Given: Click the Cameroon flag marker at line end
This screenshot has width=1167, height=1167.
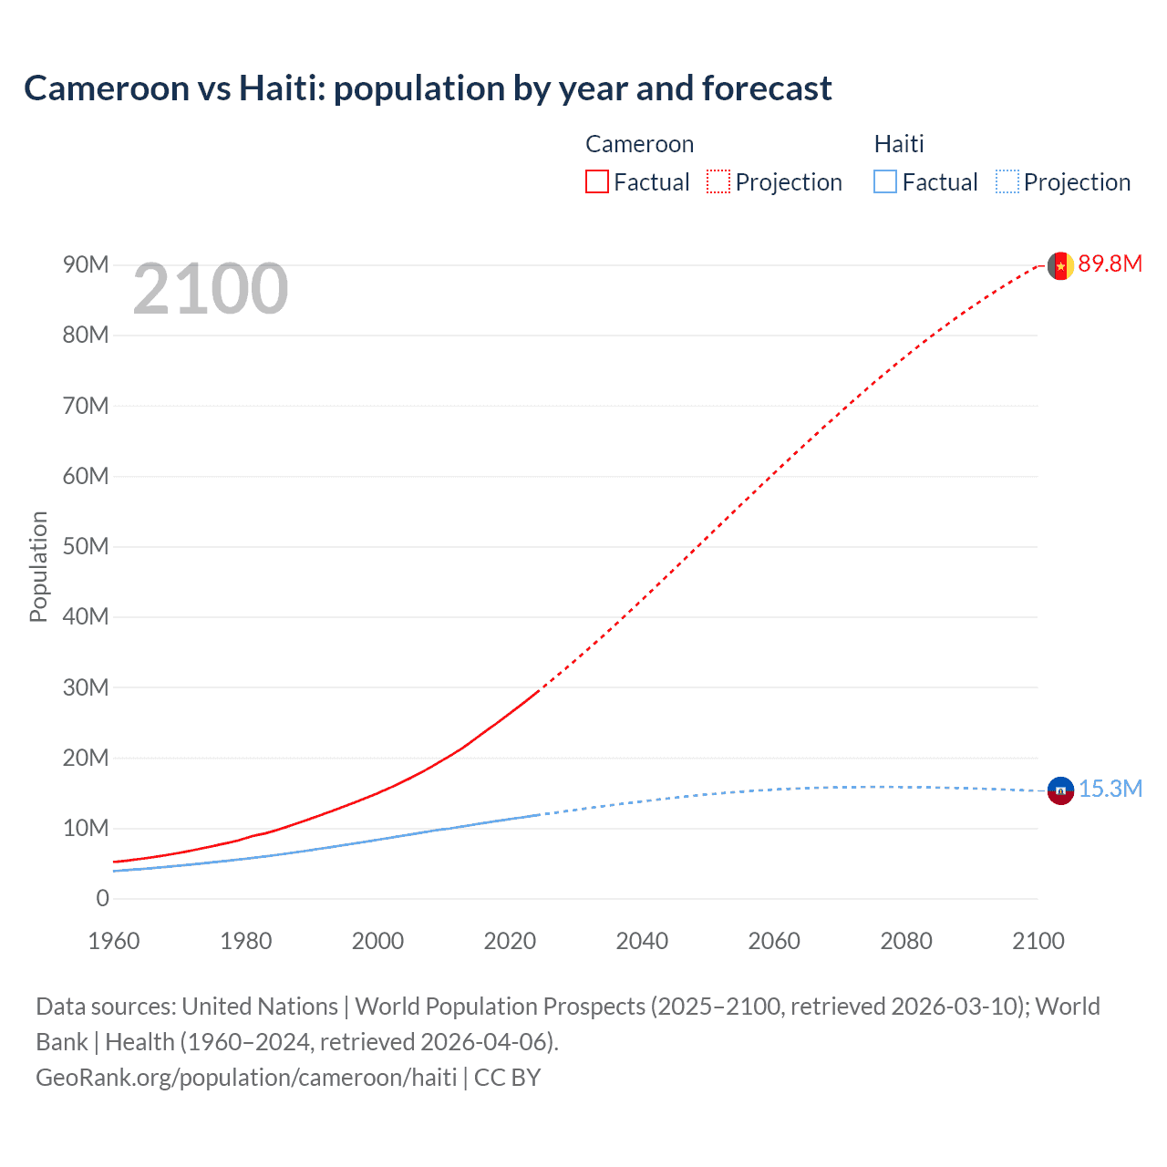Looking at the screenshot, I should coord(1059,265).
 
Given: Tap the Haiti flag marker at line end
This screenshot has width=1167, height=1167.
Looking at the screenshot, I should coord(1060,790).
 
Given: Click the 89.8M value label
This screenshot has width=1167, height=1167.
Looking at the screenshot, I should coord(1110,264).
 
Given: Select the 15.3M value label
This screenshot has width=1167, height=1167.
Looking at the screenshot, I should coord(1110,790).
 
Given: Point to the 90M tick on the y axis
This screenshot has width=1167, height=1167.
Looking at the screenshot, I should coord(86,265).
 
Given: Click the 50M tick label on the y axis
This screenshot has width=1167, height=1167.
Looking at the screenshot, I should coord(86,547).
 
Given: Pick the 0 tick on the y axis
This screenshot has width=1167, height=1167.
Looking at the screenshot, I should coord(102,899).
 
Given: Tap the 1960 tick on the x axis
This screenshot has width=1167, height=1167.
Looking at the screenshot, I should coord(114,941).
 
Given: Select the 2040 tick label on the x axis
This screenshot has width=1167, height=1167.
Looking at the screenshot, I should coord(642,941).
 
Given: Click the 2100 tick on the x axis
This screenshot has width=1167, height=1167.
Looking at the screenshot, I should coord(1038,941).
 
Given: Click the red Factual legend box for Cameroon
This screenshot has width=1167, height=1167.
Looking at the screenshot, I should coord(597,182).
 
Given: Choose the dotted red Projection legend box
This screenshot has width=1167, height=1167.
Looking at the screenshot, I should coord(718,182).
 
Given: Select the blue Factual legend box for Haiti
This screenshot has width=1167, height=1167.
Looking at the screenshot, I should coord(885,182).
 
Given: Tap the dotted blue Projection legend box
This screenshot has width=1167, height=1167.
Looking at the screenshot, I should coord(1007,182).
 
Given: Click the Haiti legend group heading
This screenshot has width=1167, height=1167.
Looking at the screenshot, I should coord(899,144).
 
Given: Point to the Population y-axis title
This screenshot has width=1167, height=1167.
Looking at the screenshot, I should coord(38,566).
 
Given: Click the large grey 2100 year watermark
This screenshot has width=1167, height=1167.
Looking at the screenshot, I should coord(211,290).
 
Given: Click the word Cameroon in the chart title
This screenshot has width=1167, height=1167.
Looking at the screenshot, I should coord(106,88).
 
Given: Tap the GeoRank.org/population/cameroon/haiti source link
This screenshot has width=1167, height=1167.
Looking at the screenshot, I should coord(246,1078).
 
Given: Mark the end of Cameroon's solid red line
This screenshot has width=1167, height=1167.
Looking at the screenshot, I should coord(539,691).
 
